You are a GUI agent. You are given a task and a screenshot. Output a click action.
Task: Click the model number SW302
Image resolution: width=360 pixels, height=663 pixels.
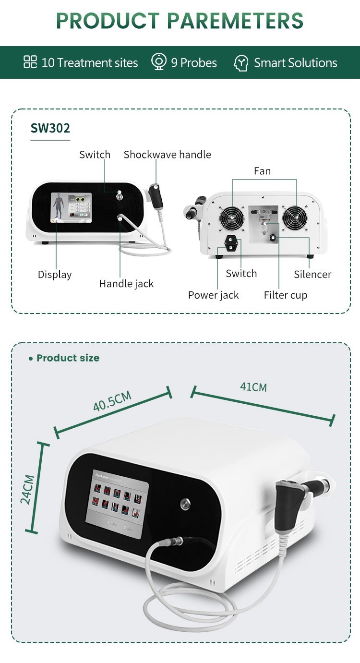[x=50, y=128]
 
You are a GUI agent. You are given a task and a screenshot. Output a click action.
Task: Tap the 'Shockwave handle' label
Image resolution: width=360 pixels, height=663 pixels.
[x=167, y=155]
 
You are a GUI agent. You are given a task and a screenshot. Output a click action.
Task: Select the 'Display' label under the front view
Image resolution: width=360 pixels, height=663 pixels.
[x=55, y=275]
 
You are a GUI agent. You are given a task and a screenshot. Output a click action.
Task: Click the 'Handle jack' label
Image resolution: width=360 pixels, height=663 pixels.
[x=126, y=284]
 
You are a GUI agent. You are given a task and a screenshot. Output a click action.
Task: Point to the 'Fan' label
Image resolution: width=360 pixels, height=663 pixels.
[x=262, y=171]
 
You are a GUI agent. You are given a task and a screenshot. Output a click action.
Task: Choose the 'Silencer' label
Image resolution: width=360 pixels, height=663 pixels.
[x=312, y=275]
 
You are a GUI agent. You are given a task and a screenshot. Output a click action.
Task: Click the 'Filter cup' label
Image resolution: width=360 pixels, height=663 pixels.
[x=285, y=295]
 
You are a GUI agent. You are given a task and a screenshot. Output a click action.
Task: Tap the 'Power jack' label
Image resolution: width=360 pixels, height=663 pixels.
[x=213, y=295]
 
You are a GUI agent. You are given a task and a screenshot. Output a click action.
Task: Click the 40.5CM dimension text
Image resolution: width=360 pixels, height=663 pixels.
[x=112, y=401]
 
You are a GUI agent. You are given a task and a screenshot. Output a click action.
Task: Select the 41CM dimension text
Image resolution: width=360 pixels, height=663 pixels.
[x=253, y=386]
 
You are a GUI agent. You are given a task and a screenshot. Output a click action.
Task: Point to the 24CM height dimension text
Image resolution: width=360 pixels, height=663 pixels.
[x=27, y=489]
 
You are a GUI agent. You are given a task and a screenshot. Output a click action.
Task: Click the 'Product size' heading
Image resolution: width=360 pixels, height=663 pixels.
[x=68, y=358]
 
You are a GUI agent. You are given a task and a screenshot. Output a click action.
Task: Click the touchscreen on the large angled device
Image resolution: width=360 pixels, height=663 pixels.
[x=117, y=504]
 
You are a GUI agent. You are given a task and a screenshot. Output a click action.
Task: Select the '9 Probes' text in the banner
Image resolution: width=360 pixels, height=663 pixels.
[x=194, y=63]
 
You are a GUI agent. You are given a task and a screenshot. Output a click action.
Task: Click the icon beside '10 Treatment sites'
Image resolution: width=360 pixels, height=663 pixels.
[x=30, y=62]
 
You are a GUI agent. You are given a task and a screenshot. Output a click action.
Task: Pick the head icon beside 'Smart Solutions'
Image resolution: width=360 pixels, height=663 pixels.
[x=240, y=63]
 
